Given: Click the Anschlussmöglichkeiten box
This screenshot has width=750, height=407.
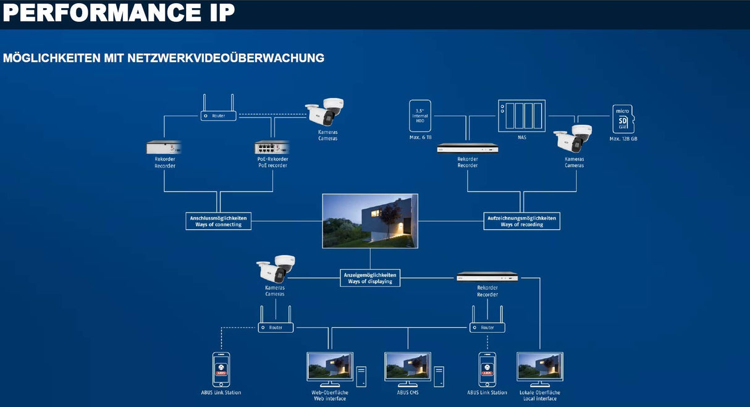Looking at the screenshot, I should tap(218, 221).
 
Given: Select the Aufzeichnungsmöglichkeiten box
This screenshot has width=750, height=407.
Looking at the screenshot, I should tap(522, 221).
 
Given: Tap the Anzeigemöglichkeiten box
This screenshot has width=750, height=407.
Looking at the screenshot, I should tap(370, 277).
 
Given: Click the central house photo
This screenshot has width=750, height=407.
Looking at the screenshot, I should tap(370, 221).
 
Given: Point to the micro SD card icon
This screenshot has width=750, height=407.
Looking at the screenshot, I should tap(623, 119).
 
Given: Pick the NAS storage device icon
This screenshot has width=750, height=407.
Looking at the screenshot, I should tap(522, 115).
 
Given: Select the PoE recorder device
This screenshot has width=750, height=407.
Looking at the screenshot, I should tap(272, 148).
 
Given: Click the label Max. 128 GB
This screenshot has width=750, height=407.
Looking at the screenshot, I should tap(623, 139).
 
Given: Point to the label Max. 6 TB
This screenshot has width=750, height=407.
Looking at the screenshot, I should tap(420, 138).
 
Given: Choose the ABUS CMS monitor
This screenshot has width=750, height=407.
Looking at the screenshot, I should tap(407, 366).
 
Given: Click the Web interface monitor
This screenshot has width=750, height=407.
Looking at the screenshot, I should tap(330, 366).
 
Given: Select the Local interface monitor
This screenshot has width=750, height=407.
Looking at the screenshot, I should tap(539, 366).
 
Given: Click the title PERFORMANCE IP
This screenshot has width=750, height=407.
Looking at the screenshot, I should tap(119, 13).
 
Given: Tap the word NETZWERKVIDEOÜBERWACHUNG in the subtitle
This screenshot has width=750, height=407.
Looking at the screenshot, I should tap(226, 58).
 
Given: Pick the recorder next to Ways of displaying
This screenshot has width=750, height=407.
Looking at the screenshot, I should tap(487, 277).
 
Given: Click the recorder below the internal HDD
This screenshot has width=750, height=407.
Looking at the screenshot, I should tap(468, 148).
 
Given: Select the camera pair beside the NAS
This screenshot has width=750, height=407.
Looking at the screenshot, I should tap(573, 139).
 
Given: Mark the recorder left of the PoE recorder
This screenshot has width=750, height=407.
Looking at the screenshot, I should tap(164, 148).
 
